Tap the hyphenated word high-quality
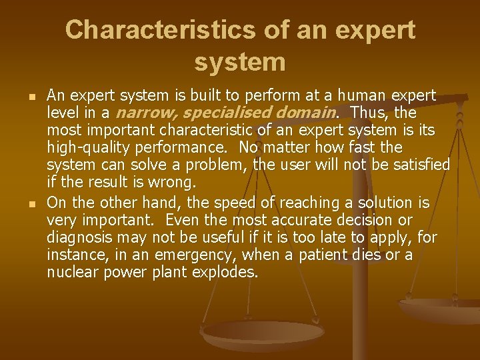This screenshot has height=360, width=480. pyautogui.click(x=88, y=147)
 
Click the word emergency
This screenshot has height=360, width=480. pyautogui.click(x=203, y=255)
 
